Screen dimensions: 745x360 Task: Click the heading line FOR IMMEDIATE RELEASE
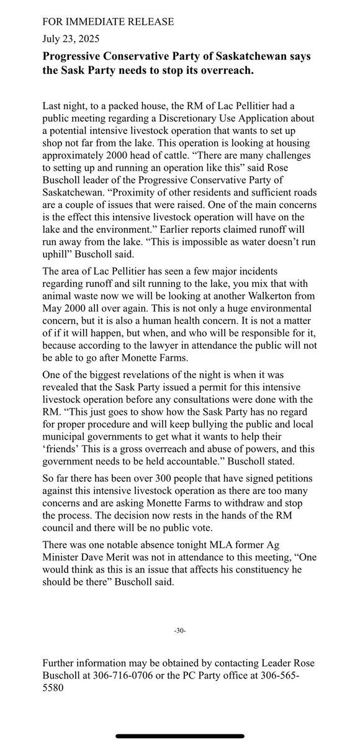(x=108, y=22)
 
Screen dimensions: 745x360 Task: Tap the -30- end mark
(x=180, y=631)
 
